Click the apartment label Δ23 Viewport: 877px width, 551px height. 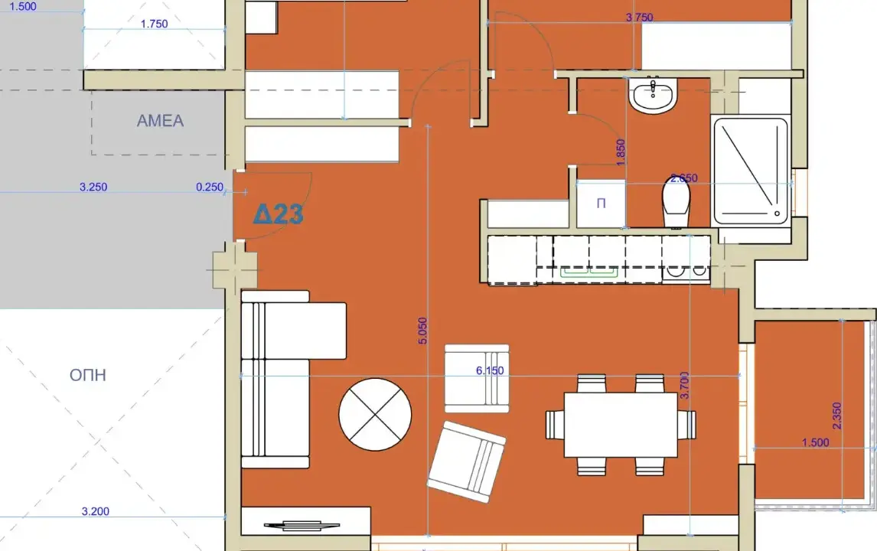pyautogui.click(x=278, y=214)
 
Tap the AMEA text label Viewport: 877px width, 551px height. pyautogui.click(x=161, y=121)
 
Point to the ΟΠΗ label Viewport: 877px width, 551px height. pyautogui.click(x=88, y=375)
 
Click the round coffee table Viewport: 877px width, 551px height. pyautogui.click(x=375, y=415)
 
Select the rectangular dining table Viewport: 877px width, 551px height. pyautogui.click(x=621, y=425)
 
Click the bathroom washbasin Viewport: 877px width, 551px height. pyautogui.click(x=653, y=94)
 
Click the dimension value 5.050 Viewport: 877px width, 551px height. pyautogui.click(x=423, y=331)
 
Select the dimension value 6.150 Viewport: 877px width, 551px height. pyautogui.click(x=490, y=370)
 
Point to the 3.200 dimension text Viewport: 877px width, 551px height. pyautogui.click(x=96, y=511)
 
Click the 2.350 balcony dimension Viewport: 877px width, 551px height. pyautogui.click(x=836, y=416)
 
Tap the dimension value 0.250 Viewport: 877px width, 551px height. pyautogui.click(x=210, y=187)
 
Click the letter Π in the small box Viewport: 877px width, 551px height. pyautogui.click(x=602, y=203)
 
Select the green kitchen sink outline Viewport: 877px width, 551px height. pyautogui.click(x=589, y=272)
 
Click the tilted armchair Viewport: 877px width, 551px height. pyautogui.click(x=467, y=462)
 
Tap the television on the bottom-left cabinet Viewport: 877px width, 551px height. pyautogui.click(x=302, y=525)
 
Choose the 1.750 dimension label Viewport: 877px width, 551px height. pyautogui.click(x=155, y=24)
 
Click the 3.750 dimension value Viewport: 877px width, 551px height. pyautogui.click(x=639, y=18)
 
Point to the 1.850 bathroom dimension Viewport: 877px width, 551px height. pyautogui.click(x=621, y=152)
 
